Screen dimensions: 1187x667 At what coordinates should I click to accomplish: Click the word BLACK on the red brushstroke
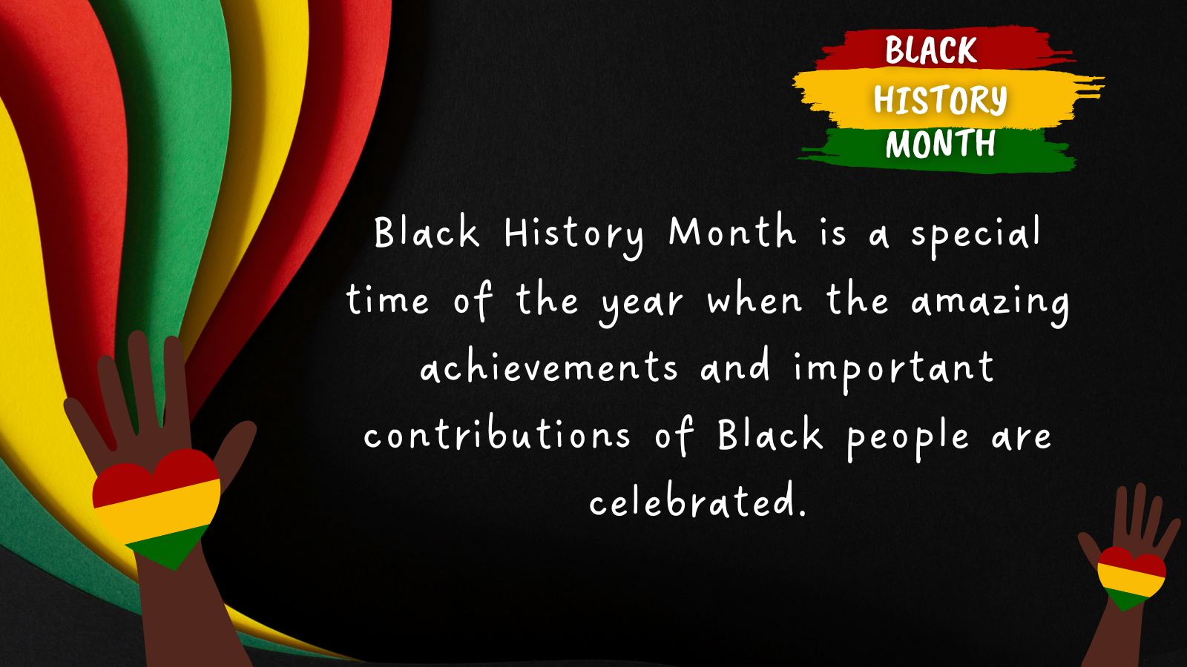(x=931, y=50)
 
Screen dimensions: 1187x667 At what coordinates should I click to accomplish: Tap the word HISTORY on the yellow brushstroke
(x=940, y=99)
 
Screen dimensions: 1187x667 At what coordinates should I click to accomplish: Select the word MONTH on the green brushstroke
(x=941, y=143)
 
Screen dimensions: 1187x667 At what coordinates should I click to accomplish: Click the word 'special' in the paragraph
(x=976, y=236)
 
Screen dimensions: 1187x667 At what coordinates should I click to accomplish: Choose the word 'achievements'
(x=549, y=365)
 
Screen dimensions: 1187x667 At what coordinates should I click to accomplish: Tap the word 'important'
(x=893, y=371)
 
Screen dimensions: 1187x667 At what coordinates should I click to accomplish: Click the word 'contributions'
(x=497, y=432)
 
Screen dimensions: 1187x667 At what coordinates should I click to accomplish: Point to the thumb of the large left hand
(x=237, y=450)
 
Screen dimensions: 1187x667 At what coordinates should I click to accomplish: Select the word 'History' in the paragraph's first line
(x=574, y=236)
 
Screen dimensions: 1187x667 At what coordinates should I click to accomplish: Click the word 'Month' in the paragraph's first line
(x=732, y=231)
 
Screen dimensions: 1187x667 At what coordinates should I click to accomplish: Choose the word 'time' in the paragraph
(x=387, y=299)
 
